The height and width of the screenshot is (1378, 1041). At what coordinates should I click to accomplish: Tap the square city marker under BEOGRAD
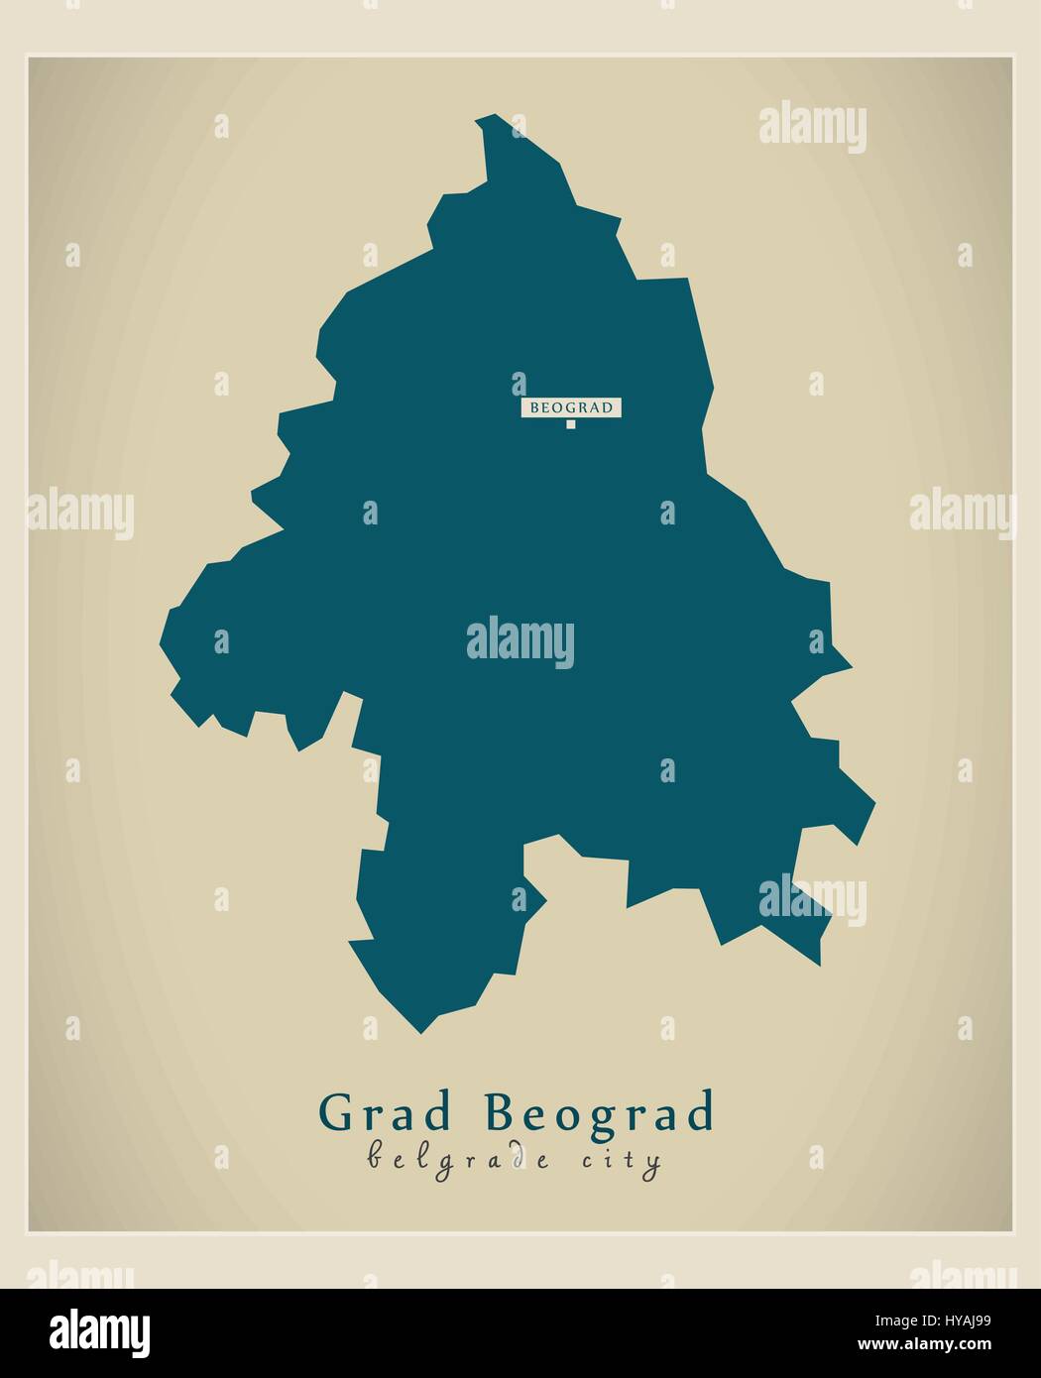[570, 424]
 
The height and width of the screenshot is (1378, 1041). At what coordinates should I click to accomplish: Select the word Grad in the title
[394, 1113]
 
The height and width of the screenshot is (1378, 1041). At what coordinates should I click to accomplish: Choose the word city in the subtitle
[626, 1161]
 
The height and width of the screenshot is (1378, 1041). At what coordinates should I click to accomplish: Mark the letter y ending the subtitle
[650, 1164]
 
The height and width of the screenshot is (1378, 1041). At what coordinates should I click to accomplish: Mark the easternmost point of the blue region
[874, 801]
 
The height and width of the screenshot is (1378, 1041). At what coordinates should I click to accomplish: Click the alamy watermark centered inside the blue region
[520, 639]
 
